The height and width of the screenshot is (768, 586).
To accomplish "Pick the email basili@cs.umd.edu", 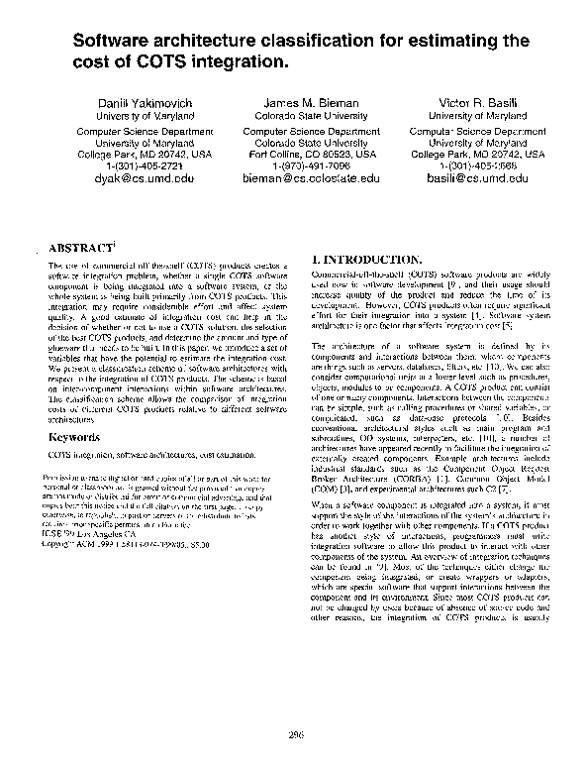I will coord(478,178).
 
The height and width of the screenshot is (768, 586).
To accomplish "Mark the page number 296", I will coord(293,732).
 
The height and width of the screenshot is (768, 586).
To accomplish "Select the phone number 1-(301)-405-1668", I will coord(478,165).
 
